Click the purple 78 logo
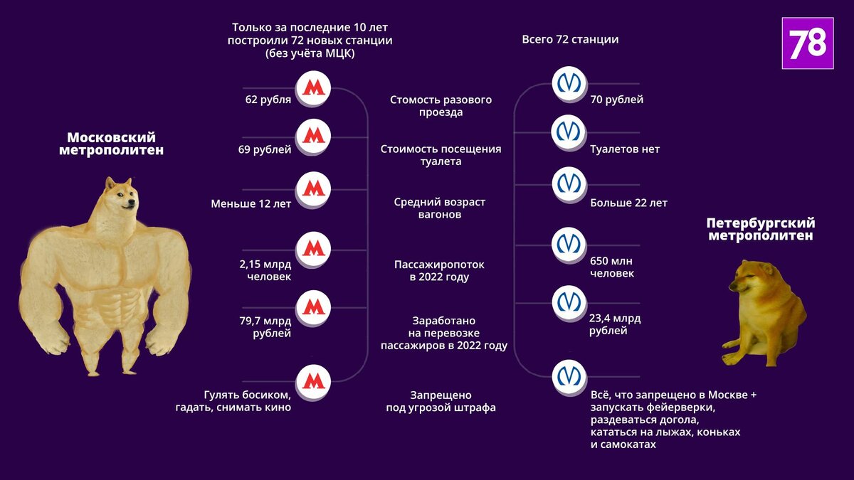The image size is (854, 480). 807,43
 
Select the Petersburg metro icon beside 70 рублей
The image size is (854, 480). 569,83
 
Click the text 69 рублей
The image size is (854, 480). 265,149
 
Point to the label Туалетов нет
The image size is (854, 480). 624,149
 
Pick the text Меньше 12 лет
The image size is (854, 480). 251,204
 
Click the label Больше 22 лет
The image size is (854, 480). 628,203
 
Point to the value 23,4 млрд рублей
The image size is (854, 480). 615,324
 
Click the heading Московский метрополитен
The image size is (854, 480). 111,144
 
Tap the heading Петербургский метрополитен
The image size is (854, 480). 760,230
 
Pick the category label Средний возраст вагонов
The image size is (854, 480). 440,208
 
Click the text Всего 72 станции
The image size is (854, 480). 570,40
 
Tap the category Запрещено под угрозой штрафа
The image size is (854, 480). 441,402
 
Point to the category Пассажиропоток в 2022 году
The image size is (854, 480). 440,271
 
